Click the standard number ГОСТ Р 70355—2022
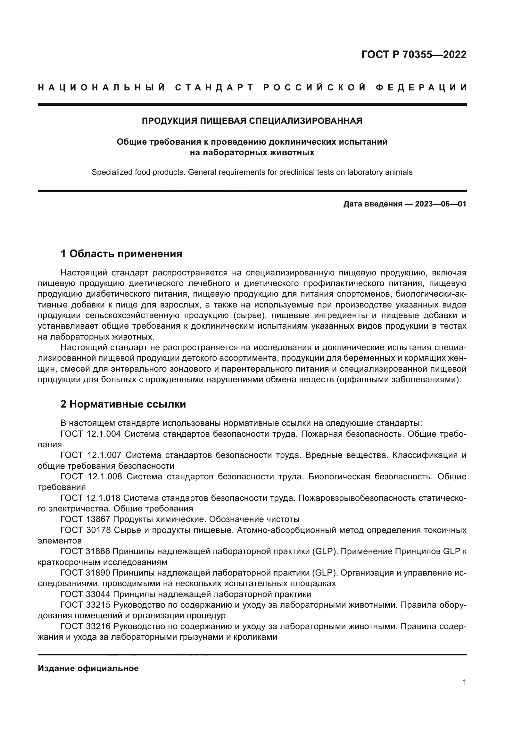tap(414, 55)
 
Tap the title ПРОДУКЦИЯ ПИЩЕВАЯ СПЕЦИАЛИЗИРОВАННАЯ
tap(252, 121)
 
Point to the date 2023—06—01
tap(441, 204)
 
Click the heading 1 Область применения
tap(121, 254)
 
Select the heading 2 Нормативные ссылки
tap(123, 404)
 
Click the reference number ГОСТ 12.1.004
tap(91, 434)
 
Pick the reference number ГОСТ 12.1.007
tap(91, 455)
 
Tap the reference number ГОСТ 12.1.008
tap(91, 476)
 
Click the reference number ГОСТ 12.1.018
tap(91, 498)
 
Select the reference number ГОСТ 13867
tap(86, 519)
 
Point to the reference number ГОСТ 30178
tap(86, 530)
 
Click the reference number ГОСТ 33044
tap(86, 594)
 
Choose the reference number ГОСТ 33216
tap(86, 626)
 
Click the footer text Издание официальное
tap(88, 668)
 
